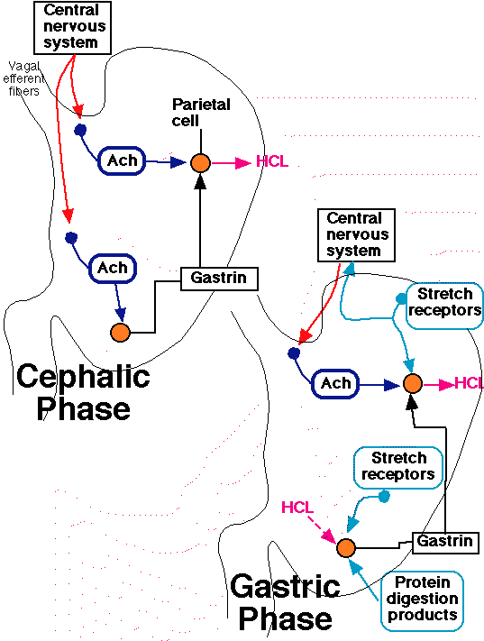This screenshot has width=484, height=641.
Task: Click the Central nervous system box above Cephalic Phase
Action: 72,27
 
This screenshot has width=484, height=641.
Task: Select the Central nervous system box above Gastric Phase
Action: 356,235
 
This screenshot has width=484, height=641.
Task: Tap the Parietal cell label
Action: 201,113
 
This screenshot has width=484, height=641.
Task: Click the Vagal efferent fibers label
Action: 23,78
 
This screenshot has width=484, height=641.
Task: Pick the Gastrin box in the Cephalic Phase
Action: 219,279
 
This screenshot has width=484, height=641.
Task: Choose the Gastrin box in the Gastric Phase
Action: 445,543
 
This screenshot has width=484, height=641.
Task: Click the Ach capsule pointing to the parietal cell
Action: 122,160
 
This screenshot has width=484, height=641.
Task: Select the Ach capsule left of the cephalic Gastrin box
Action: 113,268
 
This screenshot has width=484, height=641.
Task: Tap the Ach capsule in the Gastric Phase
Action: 335,383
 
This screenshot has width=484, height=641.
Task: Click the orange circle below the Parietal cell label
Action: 200,162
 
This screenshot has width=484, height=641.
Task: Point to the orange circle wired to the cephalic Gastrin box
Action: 120,333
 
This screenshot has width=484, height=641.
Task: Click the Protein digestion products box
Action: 422,601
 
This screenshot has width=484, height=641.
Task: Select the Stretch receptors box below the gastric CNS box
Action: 444,306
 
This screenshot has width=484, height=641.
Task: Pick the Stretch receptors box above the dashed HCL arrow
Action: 398,467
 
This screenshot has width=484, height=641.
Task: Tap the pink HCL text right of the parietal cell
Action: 272,161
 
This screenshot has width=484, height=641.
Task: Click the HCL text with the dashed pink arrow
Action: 297,508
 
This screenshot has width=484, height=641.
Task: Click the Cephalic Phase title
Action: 84,392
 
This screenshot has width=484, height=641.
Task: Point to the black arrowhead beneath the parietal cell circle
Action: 200,181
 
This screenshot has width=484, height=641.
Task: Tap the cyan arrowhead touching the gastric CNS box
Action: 349,269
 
